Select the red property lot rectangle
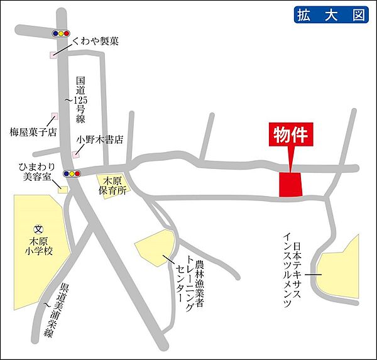coord(290,185)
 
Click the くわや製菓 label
coord(96,41)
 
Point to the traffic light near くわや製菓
coord(60,33)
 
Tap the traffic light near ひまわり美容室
coord(72,173)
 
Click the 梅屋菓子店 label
coord(33,133)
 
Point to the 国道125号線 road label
coord(80,101)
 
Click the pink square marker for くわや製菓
coord(53,55)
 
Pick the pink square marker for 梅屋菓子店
coord(54,116)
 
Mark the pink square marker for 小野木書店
coord(75,154)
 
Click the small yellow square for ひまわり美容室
coord(62,188)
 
